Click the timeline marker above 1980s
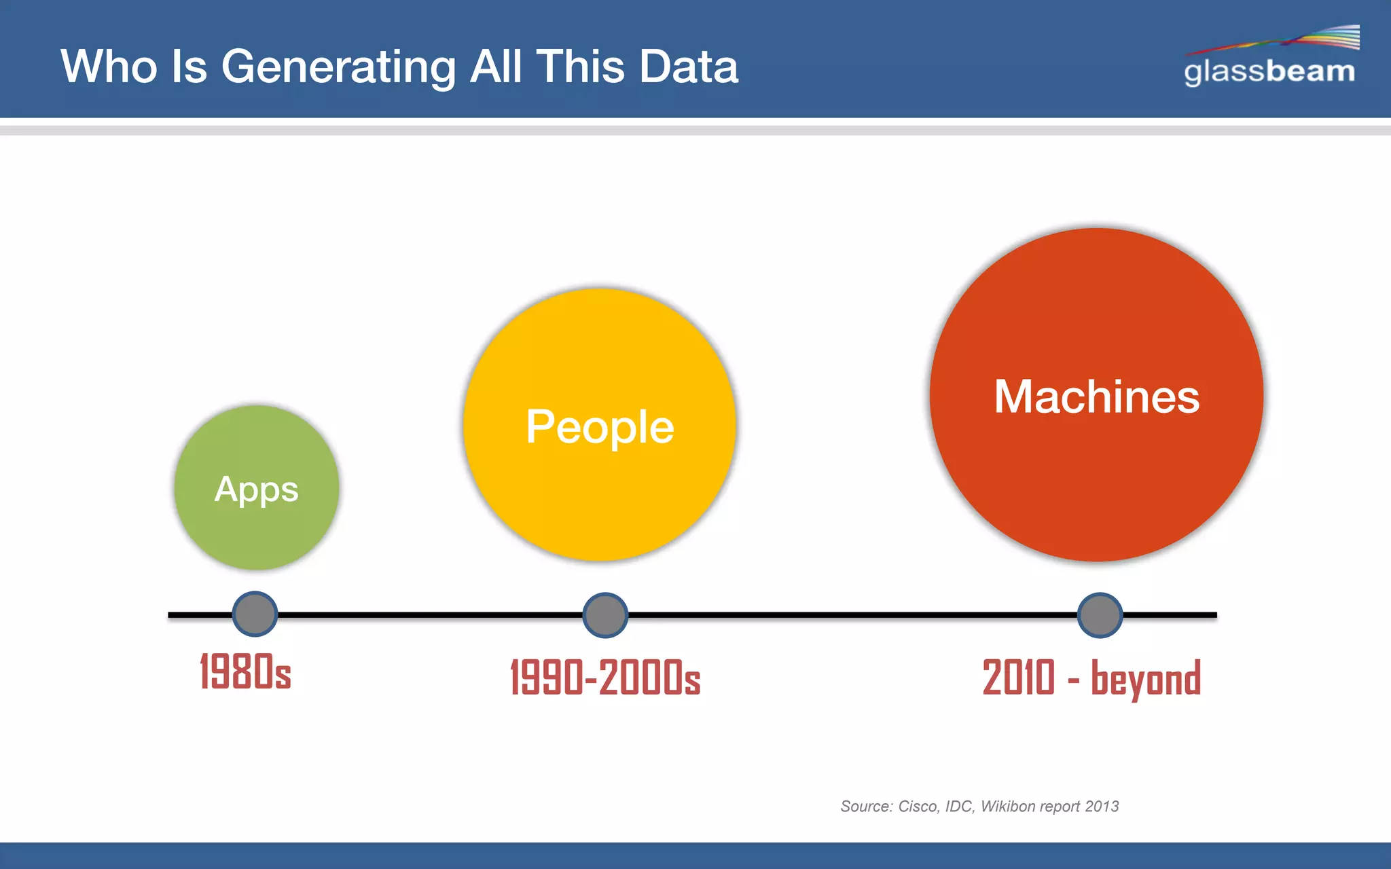255,614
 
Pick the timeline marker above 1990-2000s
605,615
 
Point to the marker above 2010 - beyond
1100,615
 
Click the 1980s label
245,671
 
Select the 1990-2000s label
605,677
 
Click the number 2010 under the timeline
1019,677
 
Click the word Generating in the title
338,67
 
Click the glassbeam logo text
1269,71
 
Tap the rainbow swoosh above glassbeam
1290,39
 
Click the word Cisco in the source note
918,807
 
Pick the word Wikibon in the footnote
1008,807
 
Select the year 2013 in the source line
1102,807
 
